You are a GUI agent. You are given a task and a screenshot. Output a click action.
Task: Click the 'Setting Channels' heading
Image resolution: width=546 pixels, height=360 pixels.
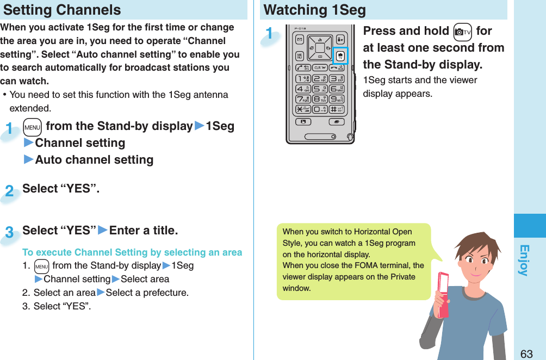point(62,10)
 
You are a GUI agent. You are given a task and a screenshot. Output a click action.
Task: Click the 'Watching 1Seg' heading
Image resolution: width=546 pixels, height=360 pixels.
point(314,10)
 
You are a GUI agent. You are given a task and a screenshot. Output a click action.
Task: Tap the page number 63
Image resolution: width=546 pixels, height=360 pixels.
point(526,353)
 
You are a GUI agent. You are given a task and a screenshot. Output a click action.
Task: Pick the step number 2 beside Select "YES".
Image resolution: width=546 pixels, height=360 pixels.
point(9,191)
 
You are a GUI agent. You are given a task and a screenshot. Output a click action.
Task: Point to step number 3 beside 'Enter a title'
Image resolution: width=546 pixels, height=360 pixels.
point(9,233)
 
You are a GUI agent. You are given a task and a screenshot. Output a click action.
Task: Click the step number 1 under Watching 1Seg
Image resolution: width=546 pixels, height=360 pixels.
point(269,33)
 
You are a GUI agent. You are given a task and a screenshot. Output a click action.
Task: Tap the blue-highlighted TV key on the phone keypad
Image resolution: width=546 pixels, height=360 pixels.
point(340,55)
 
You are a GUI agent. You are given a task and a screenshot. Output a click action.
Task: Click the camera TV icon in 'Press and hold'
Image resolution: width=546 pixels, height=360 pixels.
point(461,32)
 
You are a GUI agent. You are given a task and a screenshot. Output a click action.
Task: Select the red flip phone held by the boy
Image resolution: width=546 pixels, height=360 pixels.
point(443,294)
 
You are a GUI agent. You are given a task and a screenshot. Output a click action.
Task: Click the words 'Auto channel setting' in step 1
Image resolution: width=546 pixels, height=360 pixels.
point(94,160)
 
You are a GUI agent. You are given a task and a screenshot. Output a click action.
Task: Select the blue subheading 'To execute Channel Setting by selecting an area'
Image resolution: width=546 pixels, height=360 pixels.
point(132,252)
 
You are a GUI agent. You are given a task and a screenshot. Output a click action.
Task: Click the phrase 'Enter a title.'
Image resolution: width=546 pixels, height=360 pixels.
point(144,231)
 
